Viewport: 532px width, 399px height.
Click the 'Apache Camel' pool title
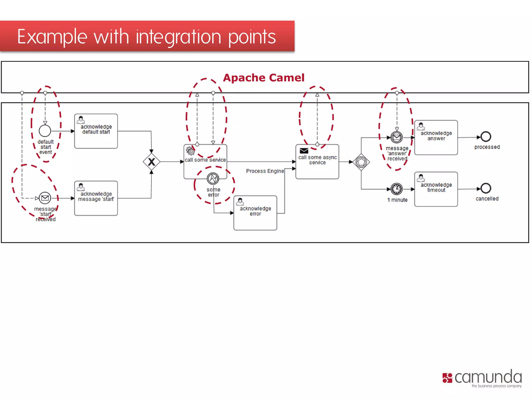coord(263,78)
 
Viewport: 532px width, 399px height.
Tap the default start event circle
coord(45,131)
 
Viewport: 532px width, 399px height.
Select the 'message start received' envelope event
coord(45,198)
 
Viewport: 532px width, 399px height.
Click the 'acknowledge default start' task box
coord(96,131)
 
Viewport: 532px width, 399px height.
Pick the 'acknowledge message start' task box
coord(96,198)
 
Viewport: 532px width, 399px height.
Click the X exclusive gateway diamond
coord(151,162)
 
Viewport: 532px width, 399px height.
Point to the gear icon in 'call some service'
coord(190,151)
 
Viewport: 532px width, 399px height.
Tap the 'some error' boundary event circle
coord(213,178)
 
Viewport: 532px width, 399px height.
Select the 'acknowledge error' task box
coord(255,213)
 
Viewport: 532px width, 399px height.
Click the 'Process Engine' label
coord(265,171)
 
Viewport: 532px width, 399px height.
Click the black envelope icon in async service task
coord(304,151)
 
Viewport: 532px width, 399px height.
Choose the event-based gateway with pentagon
coord(361,162)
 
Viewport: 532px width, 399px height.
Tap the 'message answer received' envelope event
coord(397,137)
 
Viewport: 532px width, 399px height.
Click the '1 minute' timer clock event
coord(397,189)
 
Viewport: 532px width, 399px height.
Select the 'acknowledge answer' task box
coord(436,137)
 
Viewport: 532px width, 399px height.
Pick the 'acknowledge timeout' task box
coord(436,189)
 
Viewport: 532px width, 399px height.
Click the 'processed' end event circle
coord(486,137)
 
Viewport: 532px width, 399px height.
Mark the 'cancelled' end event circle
coord(486,189)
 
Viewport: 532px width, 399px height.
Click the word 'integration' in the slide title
coord(178,37)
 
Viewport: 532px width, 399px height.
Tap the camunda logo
coord(482,378)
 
